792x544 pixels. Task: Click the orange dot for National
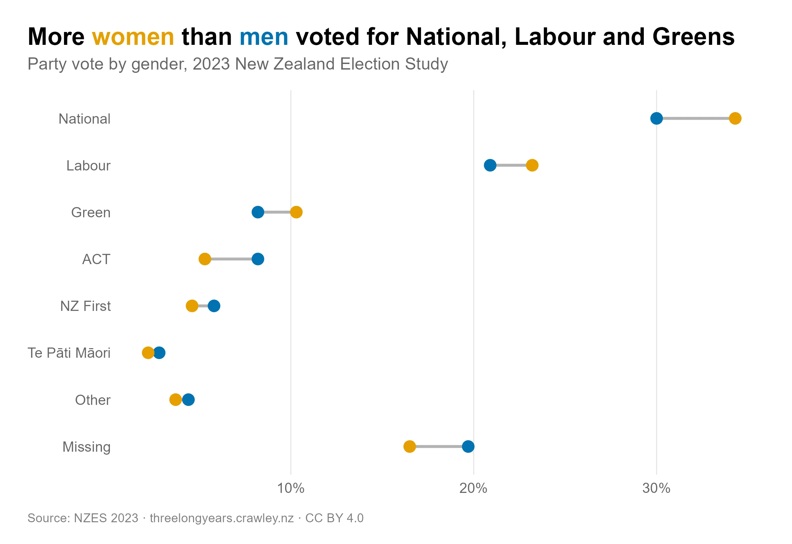pos(735,119)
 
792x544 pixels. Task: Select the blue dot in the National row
pos(656,119)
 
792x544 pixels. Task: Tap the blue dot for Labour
pos(490,165)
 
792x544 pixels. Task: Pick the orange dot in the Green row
pos(296,212)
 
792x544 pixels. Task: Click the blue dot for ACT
pos(258,259)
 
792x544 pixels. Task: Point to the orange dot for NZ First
pos(192,306)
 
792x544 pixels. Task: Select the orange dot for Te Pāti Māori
pos(148,353)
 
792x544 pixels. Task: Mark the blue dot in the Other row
pos(188,400)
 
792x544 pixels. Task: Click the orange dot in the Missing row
pos(409,446)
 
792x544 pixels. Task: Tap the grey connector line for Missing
pos(439,446)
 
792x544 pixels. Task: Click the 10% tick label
pos(291,488)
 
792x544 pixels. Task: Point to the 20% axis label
pos(474,488)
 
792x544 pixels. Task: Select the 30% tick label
pos(656,488)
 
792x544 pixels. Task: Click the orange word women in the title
pos(133,37)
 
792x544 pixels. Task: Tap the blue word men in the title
pos(264,37)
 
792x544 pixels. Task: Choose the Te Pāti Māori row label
pos(69,353)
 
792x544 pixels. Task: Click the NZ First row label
pos(85,306)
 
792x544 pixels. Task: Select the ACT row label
pos(96,259)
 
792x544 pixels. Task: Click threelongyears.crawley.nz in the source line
pos(222,518)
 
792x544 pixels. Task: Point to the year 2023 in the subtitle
pos(211,64)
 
